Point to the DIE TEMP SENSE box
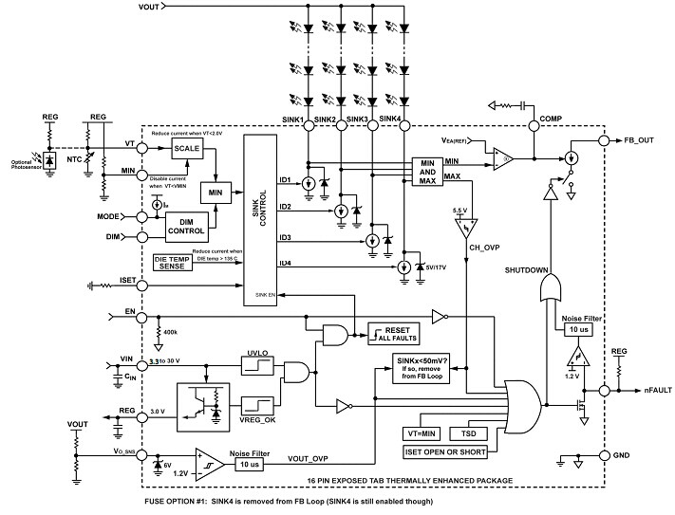pos(171,264)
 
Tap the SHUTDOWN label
pos(527,270)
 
